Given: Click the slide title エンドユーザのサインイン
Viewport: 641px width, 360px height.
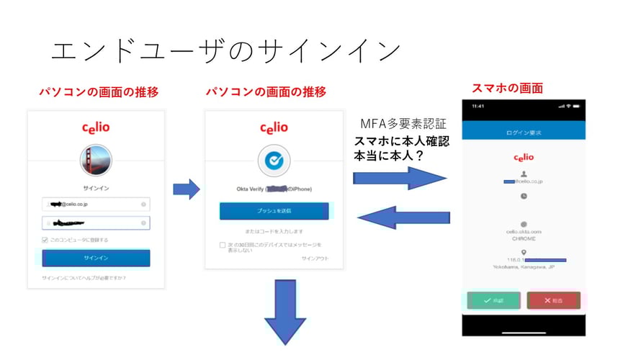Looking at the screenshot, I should tap(225, 50).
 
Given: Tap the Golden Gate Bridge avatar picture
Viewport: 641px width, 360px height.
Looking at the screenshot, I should tap(96, 161).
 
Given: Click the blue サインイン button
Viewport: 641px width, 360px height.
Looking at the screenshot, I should tap(96, 258).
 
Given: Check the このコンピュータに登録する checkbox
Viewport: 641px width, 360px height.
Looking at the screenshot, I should tap(45, 240).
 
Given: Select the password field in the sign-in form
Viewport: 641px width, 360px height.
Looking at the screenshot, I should tap(96, 223).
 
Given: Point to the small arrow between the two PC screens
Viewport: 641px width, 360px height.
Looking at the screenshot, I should tap(187, 190).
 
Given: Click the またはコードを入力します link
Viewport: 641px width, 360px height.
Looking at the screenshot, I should tap(274, 231).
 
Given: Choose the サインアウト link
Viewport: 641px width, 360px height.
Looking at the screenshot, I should tap(315, 258).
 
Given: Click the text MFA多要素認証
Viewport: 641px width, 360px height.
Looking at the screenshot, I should tap(403, 125).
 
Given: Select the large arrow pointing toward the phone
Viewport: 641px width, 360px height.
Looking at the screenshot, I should tap(399, 177).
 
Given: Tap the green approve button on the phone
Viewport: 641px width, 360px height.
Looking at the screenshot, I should tap(493, 300).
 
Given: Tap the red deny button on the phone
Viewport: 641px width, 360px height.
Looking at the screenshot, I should tap(553, 300).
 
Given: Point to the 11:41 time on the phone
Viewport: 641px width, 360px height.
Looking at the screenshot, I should tap(478, 106).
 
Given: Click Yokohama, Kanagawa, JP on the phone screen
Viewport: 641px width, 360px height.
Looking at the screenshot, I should tap(524, 267).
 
